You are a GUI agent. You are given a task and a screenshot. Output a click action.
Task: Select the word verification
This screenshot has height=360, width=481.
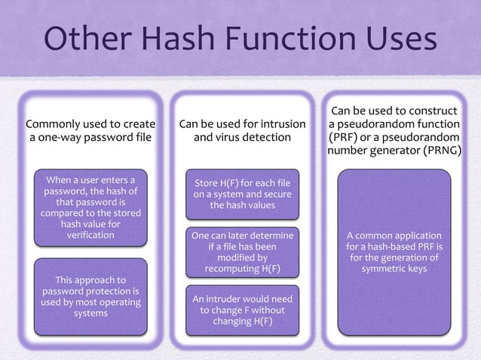point(90,235)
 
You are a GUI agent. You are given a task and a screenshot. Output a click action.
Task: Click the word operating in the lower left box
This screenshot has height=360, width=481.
point(116,303)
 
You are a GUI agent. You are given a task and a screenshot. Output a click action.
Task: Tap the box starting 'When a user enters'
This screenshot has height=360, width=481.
point(90,208)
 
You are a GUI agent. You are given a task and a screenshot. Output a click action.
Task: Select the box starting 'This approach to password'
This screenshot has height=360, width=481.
point(90,297)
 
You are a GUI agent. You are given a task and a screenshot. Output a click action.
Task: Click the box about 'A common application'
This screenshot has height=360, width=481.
point(394,252)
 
